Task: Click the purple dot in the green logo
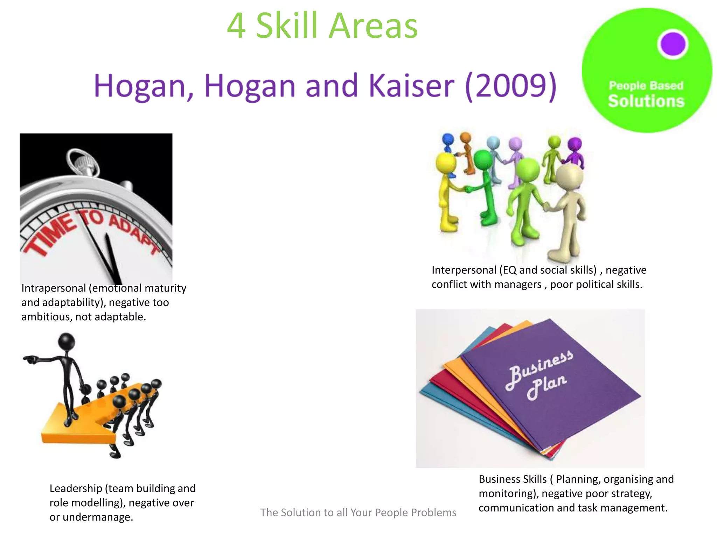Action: point(673,44)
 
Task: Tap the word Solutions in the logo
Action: point(646,101)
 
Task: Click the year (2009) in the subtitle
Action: point(511,86)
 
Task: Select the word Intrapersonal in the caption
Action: point(54,288)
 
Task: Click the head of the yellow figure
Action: point(446,162)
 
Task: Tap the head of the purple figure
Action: point(575,144)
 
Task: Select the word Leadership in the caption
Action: point(75,488)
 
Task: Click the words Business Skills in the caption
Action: point(513,479)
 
